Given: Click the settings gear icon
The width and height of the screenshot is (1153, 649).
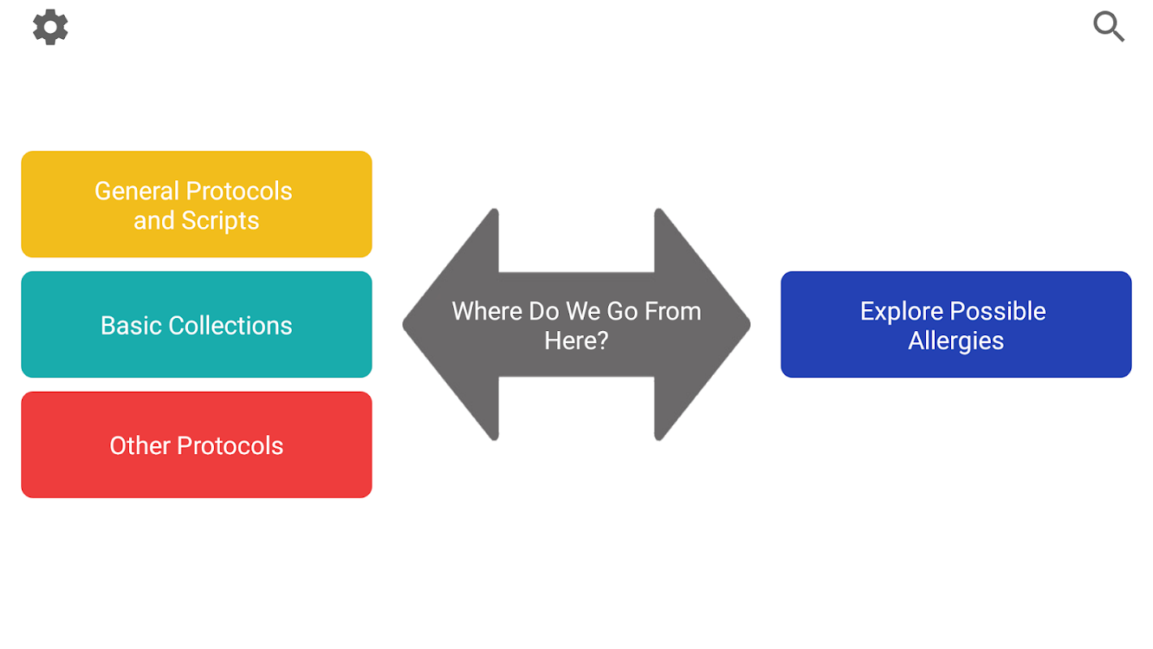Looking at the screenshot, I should [x=50, y=27].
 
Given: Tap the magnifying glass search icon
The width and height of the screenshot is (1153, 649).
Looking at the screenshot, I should [x=1108, y=26].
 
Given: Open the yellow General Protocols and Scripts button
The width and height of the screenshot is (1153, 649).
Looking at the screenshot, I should [x=196, y=204].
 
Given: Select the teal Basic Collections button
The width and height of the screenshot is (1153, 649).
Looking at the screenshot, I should [x=196, y=324].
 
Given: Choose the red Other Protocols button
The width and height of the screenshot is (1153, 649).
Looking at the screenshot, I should [x=196, y=445].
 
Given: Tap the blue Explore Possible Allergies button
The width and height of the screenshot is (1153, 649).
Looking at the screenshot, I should [x=956, y=324].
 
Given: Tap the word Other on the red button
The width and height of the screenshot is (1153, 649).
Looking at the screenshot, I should [x=139, y=445].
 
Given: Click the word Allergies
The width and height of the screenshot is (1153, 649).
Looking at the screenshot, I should [x=956, y=341].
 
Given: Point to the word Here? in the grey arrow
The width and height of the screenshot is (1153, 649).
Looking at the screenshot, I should [x=576, y=341].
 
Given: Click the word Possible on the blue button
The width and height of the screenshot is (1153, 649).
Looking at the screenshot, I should [x=998, y=312].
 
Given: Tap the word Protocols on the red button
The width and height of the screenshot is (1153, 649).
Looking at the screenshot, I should [x=230, y=445].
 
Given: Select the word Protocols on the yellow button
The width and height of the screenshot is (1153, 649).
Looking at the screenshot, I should [x=239, y=191].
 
